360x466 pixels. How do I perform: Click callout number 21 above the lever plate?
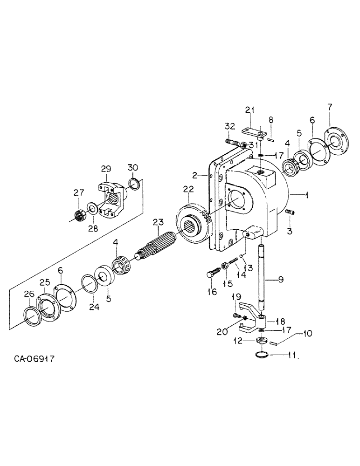pos(250,110)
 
